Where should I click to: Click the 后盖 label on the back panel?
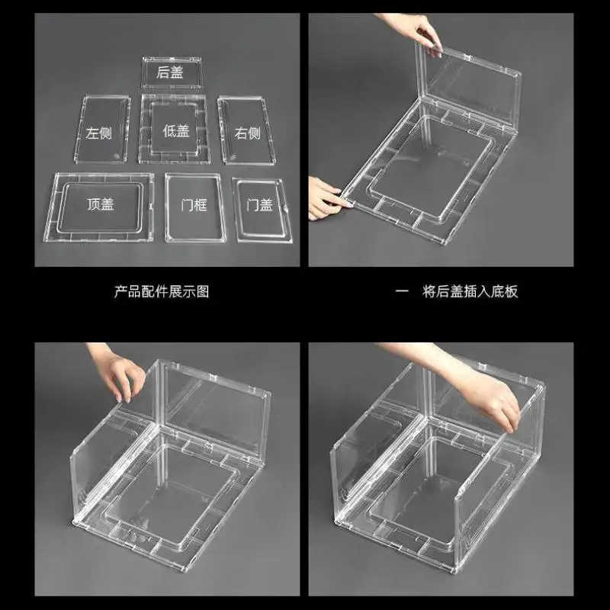pyautogui.click(x=170, y=72)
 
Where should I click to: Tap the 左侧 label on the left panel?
pyautogui.click(x=99, y=133)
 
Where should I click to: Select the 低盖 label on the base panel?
pyautogui.click(x=176, y=131)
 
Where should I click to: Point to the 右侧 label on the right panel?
pyautogui.click(x=247, y=133)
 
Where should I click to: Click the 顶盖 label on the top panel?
pyautogui.click(x=101, y=204)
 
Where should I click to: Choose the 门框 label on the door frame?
pyautogui.click(x=194, y=204)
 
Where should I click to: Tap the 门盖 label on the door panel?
pyautogui.click(x=260, y=204)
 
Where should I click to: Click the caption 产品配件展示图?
pyautogui.click(x=162, y=292)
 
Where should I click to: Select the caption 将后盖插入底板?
pyautogui.click(x=470, y=292)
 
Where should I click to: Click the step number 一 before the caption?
pyautogui.click(x=402, y=291)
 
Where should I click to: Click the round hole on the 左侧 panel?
pyautogui.click(x=115, y=156)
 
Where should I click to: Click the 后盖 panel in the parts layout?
pyautogui.click(x=172, y=73)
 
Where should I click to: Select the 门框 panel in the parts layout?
pyautogui.click(x=195, y=208)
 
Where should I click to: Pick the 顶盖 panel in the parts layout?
pyautogui.click(x=99, y=207)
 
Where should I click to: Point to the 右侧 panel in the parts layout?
pyautogui.click(x=246, y=130)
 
